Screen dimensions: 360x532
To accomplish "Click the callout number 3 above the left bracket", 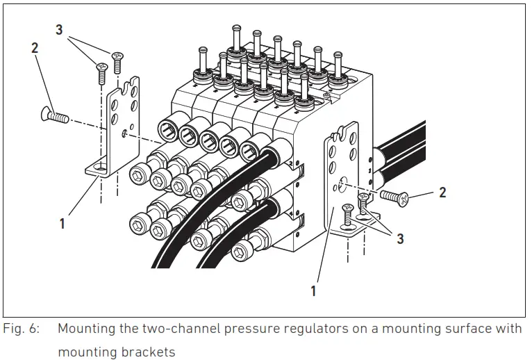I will (59, 31).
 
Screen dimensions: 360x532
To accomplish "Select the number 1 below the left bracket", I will (63, 224).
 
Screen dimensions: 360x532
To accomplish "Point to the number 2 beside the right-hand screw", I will (442, 193).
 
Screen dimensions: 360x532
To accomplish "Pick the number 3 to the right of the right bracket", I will (400, 238).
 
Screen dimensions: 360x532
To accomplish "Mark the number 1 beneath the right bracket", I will (313, 291).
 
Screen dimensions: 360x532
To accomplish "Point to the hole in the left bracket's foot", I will (101, 167).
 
